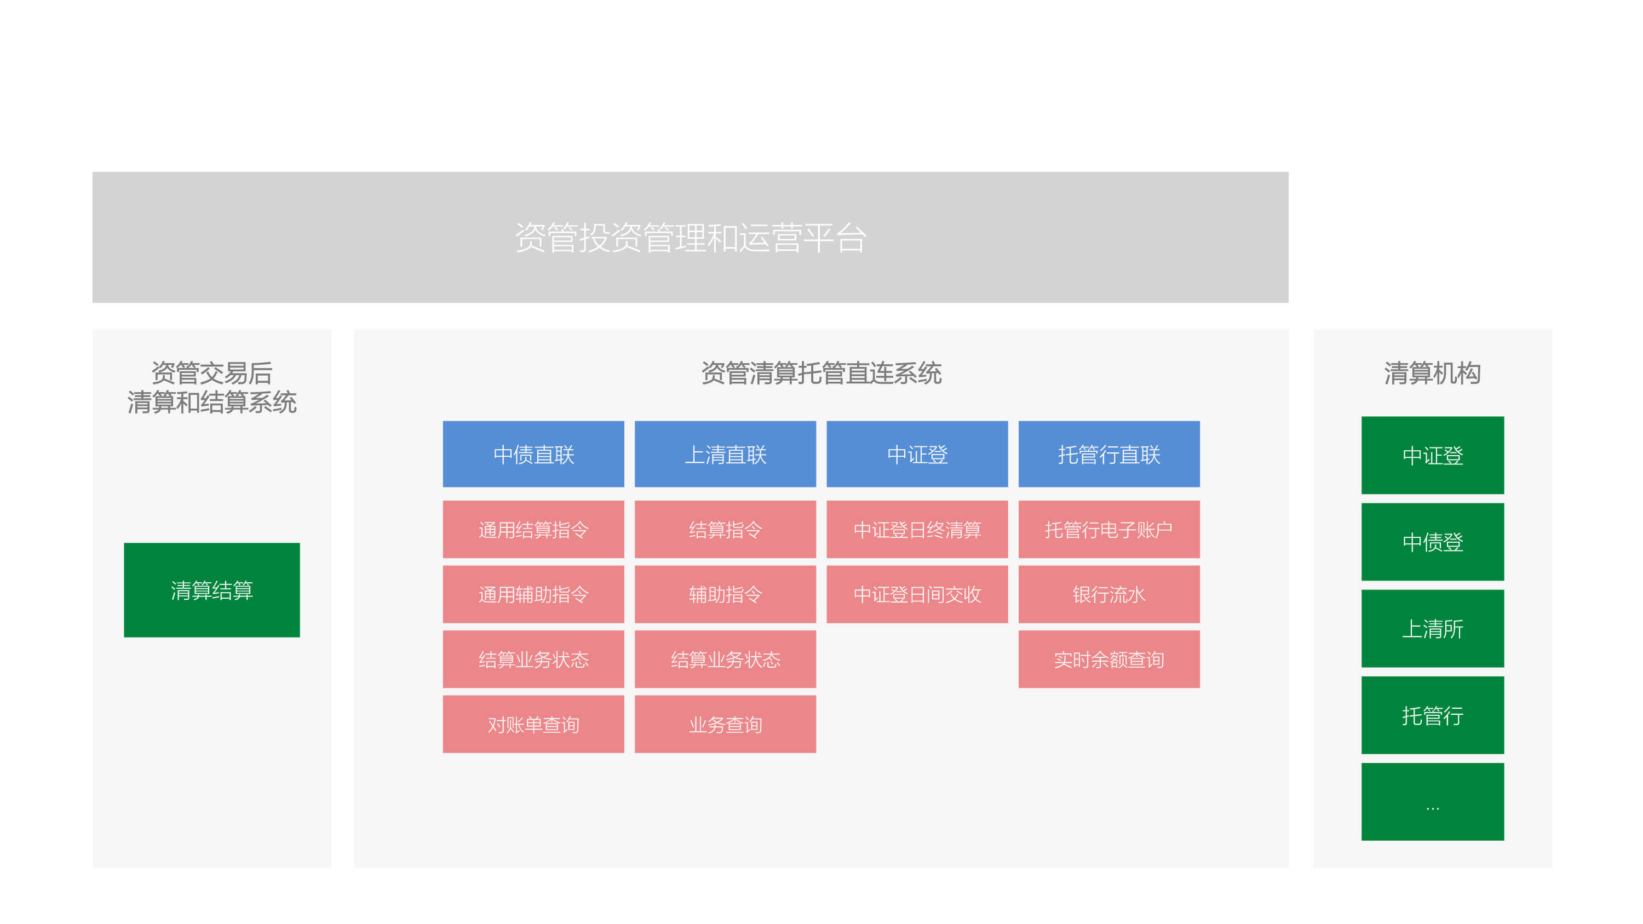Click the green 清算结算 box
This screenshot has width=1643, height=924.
coord(212,590)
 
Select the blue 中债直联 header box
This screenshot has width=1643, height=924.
coord(533,454)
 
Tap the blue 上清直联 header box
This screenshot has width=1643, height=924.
coord(725,454)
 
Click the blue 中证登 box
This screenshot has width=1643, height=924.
coord(917,454)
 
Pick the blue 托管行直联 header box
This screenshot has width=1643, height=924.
coord(1109,454)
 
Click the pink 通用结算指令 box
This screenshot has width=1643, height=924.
coord(533,529)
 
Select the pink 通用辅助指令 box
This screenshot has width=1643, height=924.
coord(533,594)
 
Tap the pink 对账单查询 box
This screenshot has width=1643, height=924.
coord(533,725)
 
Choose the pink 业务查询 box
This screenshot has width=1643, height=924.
coord(725,725)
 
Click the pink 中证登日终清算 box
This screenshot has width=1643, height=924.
coord(917,529)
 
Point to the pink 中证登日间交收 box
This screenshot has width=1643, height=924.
coord(917,594)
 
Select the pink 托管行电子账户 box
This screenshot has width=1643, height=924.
coord(1109,529)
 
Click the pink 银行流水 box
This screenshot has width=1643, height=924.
coord(1109,594)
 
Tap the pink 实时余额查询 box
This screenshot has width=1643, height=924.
coord(1109,659)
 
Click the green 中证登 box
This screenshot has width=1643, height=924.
coord(1433,455)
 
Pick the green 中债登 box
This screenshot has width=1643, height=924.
coord(1433,542)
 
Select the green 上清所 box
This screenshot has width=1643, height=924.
coord(1433,629)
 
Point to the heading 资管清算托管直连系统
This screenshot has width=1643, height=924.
coord(821,373)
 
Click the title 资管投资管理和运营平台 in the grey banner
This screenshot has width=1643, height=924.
coord(691,238)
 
